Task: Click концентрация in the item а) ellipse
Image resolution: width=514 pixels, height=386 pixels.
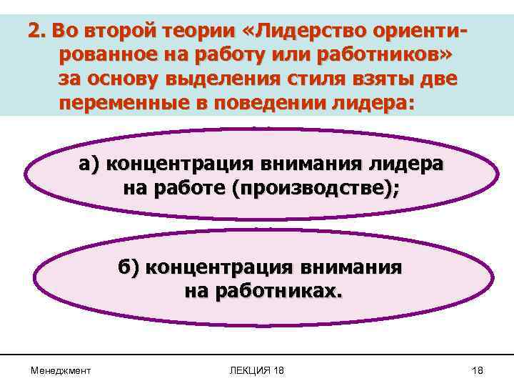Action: tap(183, 164)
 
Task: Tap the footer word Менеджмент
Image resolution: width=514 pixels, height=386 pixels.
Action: tap(61, 370)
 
